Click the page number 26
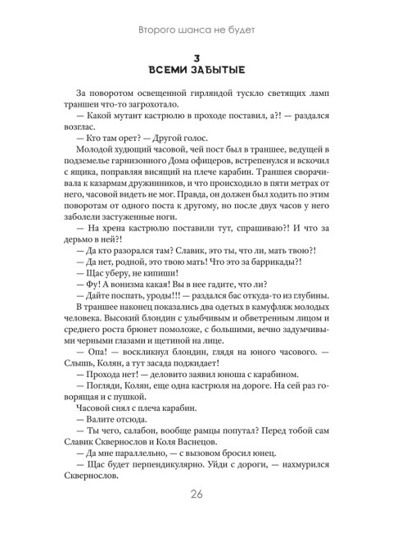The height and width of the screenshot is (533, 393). point(196,492)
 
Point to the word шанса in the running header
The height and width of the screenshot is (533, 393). point(180,31)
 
